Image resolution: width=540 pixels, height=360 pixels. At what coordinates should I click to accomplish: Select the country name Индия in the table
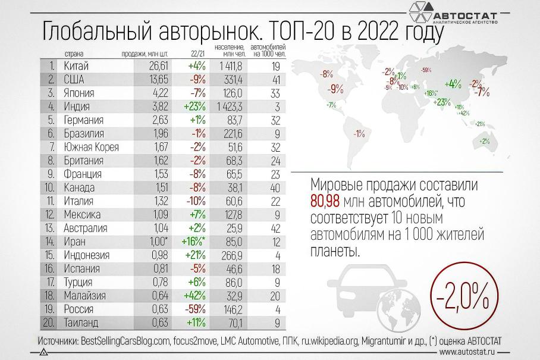click(x=76, y=107)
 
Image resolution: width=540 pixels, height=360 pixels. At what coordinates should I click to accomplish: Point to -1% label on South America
click(x=359, y=134)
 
